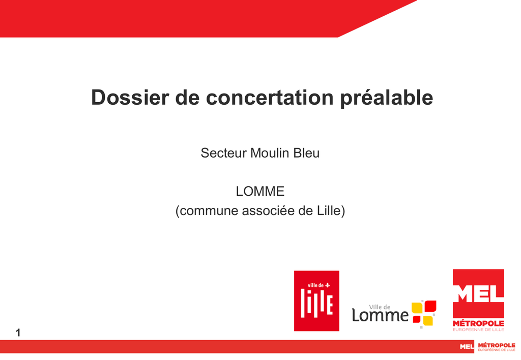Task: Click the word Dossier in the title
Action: (x=130, y=97)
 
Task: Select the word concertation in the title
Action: (x=270, y=97)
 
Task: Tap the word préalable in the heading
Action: (x=387, y=98)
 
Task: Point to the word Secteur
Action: (x=224, y=153)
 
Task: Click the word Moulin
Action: (x=270, y=153)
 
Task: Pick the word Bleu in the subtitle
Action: (x=306, y=153)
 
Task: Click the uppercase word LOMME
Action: (x=260, y=191)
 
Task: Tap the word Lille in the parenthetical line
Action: (x=331, y=211)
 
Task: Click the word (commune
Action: (x=207, y=211)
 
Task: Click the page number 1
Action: (x=18, y=333)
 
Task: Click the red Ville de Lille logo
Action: (x=316, y=301)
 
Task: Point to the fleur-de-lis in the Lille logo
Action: (x=328, y=285)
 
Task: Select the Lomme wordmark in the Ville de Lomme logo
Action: (x=380, y=315)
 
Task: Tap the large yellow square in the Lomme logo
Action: (x=417, y=308)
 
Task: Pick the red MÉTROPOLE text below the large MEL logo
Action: (x=478, y=323)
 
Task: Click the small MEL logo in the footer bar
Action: (x=467, y=347)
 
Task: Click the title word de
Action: (x=187, y=97)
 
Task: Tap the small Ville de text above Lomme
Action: (x=380, y=307)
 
